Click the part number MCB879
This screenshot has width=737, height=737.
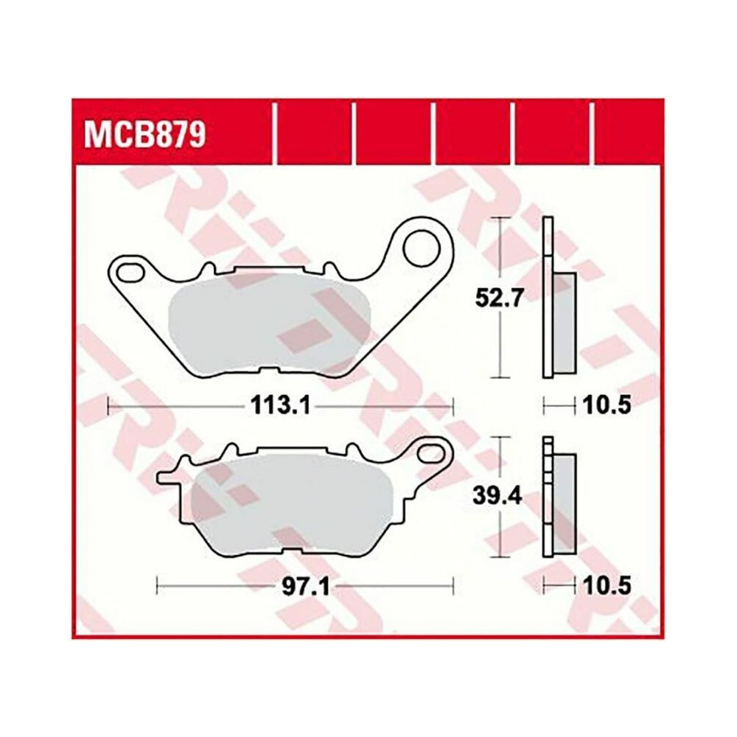tap(144, 136)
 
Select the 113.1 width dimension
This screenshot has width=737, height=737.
tap(281, 405)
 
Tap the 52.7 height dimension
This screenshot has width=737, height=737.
tap(499, 298)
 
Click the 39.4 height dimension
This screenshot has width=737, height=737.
tap(497, 496)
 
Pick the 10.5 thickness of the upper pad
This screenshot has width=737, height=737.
tap(607, 405)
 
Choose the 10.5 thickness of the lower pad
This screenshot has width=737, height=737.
tap(607, 586)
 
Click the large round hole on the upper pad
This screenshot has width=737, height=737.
tap(422, 248)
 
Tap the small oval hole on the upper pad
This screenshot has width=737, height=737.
tap(130, 272)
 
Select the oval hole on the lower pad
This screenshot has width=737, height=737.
tap(431, 453)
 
